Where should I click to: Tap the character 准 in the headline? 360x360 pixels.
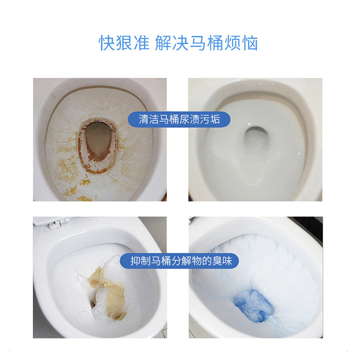[x=140, y=43]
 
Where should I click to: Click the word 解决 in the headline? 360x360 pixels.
[x=169, y=43]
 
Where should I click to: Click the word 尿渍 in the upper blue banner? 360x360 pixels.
[x=190, y=119]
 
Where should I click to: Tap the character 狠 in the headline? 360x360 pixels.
[x=124, y=43]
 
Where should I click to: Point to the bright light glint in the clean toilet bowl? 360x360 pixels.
[x=248, y=122]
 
